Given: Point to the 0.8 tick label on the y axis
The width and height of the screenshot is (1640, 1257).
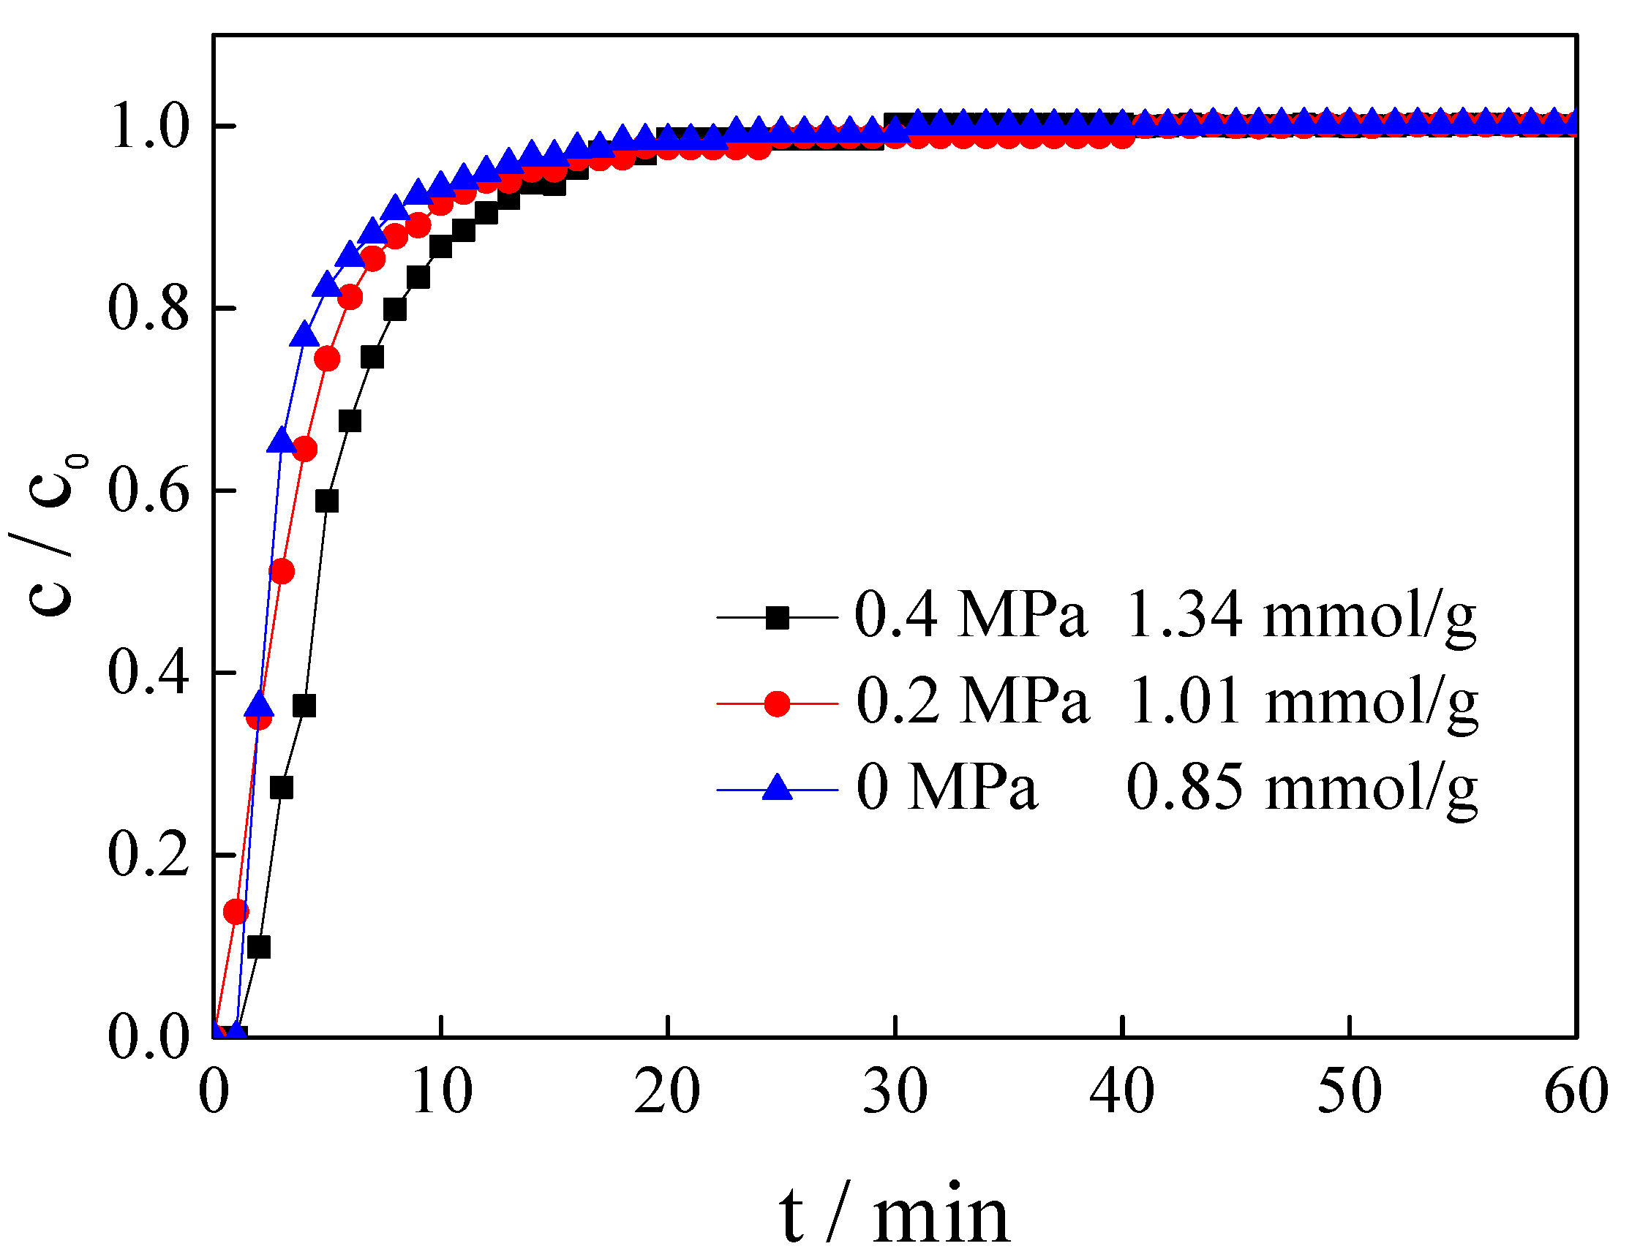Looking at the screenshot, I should point(148,308).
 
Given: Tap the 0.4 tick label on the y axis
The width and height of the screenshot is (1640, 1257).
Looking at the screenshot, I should point(148,672).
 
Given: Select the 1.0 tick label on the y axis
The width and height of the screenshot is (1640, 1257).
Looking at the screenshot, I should point(148,126).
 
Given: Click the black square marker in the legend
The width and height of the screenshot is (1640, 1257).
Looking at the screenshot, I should point(777,617).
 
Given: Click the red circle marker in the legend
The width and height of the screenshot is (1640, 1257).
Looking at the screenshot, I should point(777,703).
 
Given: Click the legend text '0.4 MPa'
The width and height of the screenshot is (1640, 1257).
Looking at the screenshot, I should point(970,615).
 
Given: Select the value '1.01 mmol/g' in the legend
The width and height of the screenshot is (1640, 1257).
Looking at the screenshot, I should point(1303,702).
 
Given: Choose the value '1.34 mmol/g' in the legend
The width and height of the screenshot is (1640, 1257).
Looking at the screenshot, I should point(1301,615).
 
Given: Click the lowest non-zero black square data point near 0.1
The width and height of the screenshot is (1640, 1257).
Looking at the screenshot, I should point(258,947).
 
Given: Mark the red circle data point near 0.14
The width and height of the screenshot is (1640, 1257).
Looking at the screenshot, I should point(236,911).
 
